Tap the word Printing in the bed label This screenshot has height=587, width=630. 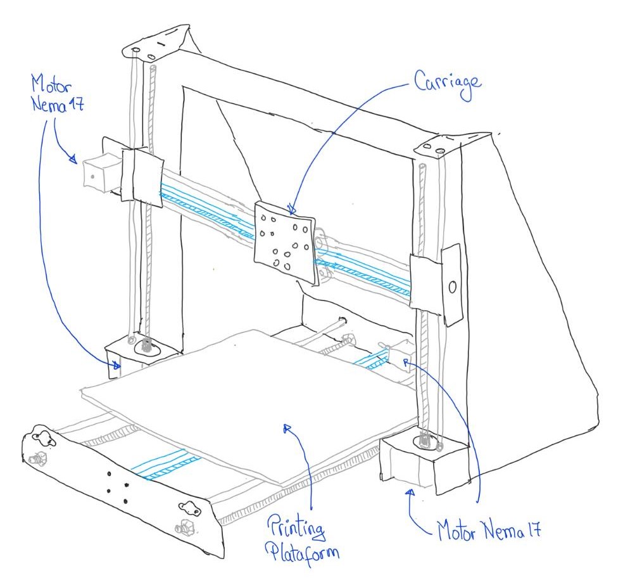pos(296,527)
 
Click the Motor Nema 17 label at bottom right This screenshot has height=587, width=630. pos(489,530)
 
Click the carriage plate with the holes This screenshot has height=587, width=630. pos(285,239)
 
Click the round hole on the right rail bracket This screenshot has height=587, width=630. pos(452,287)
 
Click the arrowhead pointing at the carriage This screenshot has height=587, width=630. pos(292,210)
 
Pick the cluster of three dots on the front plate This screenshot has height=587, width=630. pos(117,488)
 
